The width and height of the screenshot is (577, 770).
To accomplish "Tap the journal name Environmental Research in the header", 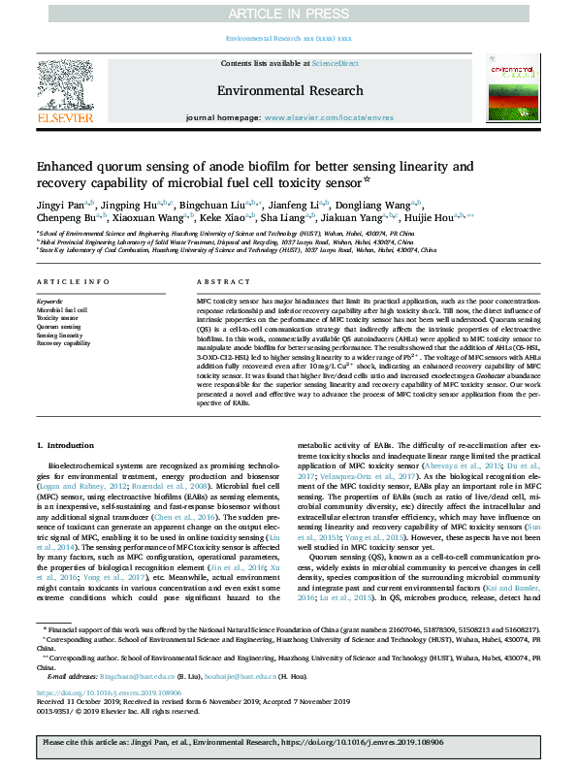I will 287,89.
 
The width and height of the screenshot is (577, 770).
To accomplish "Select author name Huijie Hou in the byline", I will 473,220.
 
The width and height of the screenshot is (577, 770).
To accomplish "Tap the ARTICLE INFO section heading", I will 73,282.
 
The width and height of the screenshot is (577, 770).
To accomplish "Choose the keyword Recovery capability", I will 64,343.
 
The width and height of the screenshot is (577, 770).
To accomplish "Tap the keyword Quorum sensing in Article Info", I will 58,327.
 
